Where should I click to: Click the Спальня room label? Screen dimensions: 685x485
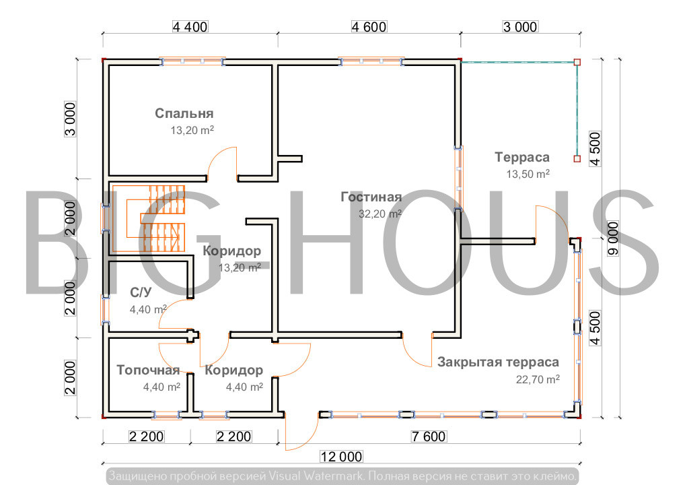(184, 114)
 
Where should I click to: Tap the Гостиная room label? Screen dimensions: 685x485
(371, 197)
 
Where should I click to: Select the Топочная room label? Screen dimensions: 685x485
(148, 370)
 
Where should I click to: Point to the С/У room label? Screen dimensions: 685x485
(141, 292)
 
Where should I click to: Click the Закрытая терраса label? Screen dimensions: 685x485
(498, 362)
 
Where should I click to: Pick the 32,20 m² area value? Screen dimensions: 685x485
(380, 214)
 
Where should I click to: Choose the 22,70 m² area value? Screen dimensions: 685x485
(538, 379)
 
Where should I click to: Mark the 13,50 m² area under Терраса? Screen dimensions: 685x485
(528, 174)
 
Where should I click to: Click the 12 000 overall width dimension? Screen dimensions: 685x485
(341, 457)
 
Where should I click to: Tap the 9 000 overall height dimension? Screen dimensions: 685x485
(614, 238)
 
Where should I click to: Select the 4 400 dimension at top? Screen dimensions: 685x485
(190, 27)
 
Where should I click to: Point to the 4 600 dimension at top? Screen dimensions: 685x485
(369, 27)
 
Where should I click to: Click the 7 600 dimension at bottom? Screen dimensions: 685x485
(429, 437)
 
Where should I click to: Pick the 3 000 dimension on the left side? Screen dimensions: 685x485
(71, 119)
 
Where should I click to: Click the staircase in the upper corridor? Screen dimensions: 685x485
(149, 218)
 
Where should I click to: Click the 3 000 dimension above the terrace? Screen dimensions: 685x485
(520, 27)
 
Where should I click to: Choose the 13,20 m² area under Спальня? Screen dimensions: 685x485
(192, 130)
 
